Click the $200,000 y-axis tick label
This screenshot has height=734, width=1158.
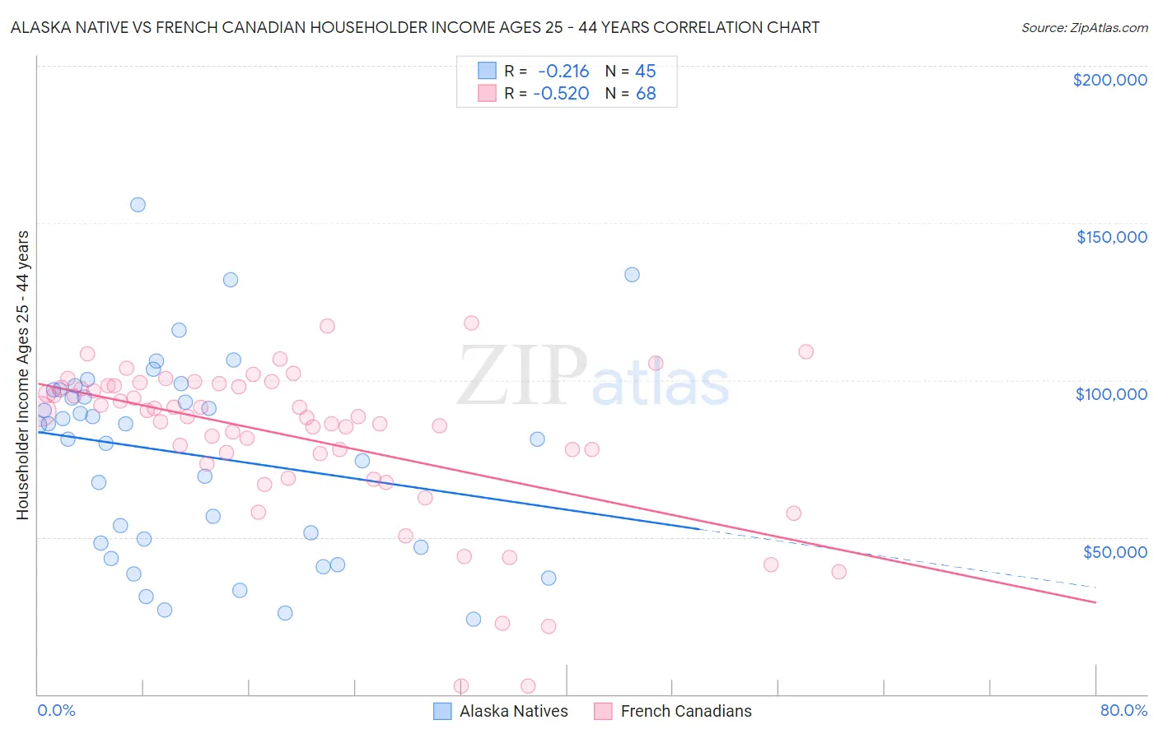point(1109,80)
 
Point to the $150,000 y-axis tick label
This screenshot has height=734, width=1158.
point(1111,237)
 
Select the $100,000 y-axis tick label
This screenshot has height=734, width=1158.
point(1111,394)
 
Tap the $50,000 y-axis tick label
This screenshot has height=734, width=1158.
point(1114,551)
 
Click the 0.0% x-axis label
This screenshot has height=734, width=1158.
point(56,710)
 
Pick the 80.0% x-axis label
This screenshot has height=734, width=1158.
point(1123,710)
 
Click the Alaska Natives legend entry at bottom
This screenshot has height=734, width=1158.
point(501,711)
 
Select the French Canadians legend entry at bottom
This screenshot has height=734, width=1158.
point(673,711)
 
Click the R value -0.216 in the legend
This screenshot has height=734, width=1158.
point(563,71)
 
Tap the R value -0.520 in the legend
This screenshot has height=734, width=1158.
point(561,93)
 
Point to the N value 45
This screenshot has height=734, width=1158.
point(645,71)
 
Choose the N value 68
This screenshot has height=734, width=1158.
point(646,93)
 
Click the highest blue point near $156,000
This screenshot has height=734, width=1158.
point(138,205)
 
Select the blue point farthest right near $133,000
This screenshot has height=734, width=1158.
point(632,275)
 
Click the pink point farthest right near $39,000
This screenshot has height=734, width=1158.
point(838,572)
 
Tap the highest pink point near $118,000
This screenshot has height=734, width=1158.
point(471,323)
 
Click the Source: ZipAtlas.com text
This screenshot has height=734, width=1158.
point(1084,27)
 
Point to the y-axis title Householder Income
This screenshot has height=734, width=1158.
point(22,374)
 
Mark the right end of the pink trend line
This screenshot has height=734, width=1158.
point(1095,603)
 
